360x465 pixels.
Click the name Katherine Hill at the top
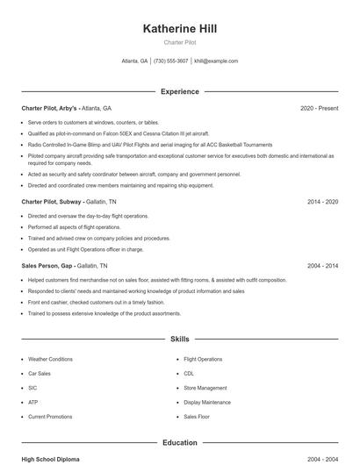coord(179,29)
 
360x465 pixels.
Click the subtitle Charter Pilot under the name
coord(179,42)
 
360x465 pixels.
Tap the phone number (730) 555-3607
coord(170,61)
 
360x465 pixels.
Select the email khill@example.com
coord(216,61)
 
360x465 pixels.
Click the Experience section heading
coord(179,91)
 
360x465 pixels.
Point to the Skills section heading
coord(179,339)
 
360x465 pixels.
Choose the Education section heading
coord(179,443)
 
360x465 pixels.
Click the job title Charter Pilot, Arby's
coord(50,108)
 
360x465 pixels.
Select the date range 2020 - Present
coord(319,108)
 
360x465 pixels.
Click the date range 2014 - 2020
coord(322,202)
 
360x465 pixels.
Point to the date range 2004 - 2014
coord(322,265)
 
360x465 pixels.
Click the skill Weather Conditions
coord(50,359)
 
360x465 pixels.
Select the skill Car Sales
coord(40,373)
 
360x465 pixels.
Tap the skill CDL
coord(189,373)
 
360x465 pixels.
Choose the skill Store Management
coord(205,388)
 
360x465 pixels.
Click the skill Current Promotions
coord(50,416)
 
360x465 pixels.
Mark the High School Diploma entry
coord(51,459)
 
